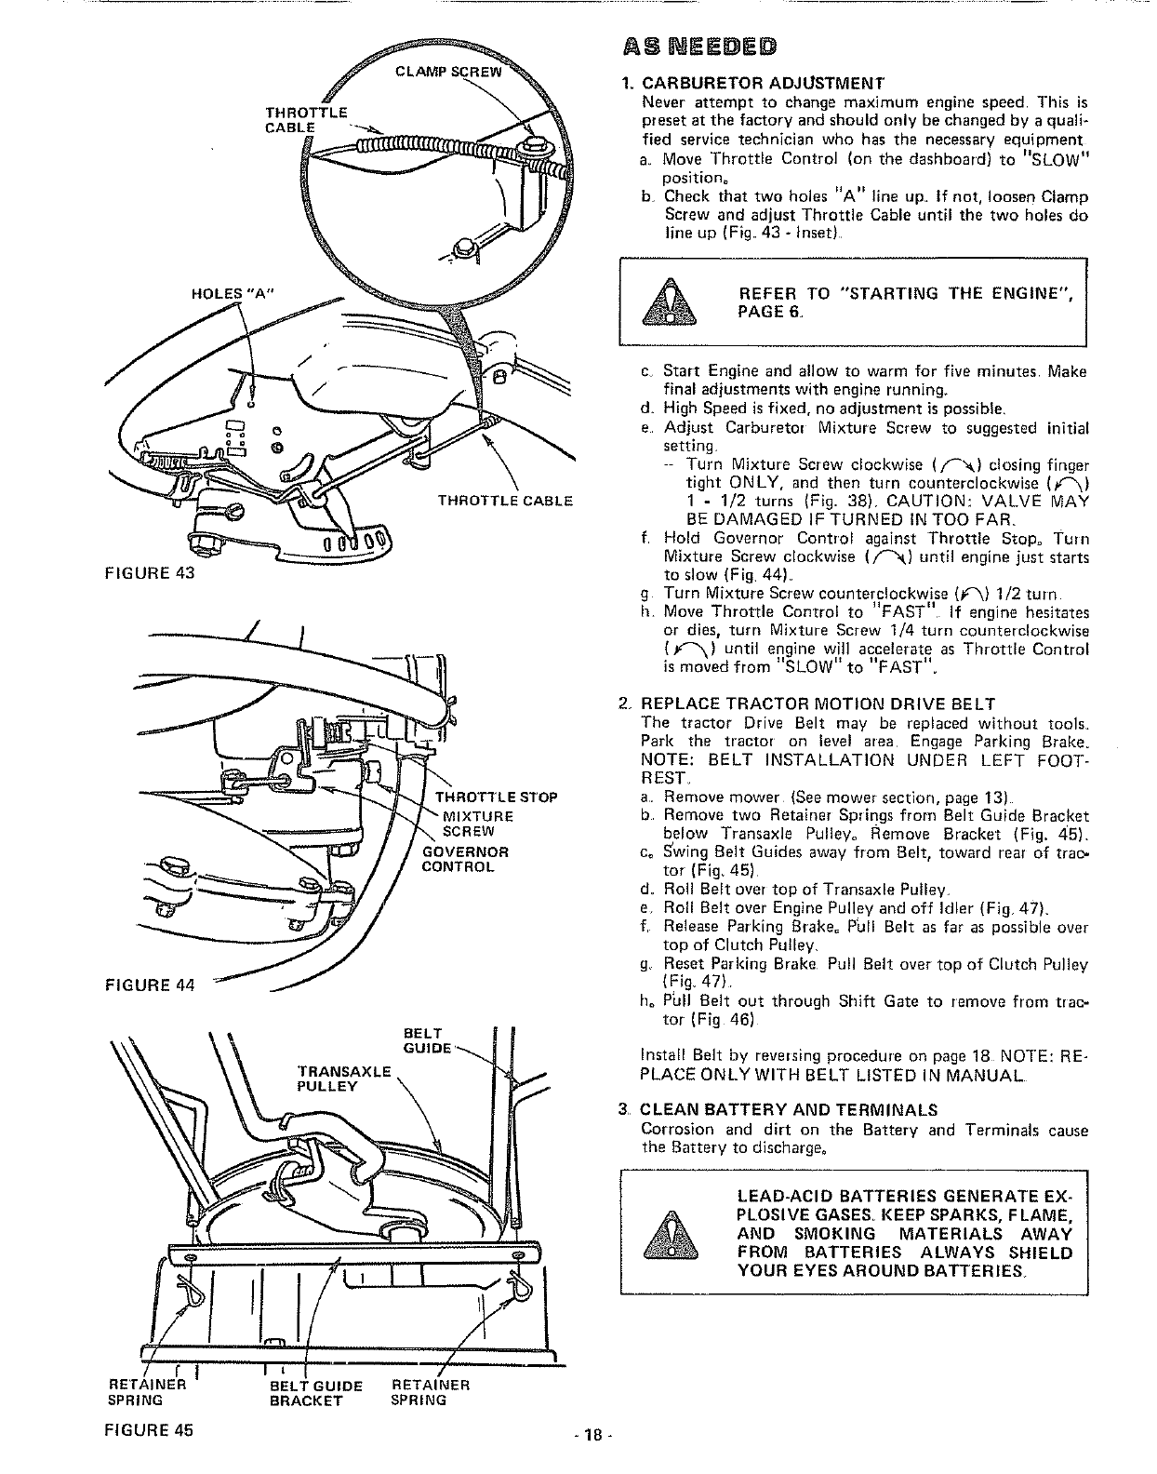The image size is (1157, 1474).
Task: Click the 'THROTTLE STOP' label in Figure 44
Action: coord(497,797)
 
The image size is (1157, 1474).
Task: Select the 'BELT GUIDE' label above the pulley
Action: coord(429,1040)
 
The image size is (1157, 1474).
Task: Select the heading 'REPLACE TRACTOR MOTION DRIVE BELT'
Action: coord(818,703)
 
